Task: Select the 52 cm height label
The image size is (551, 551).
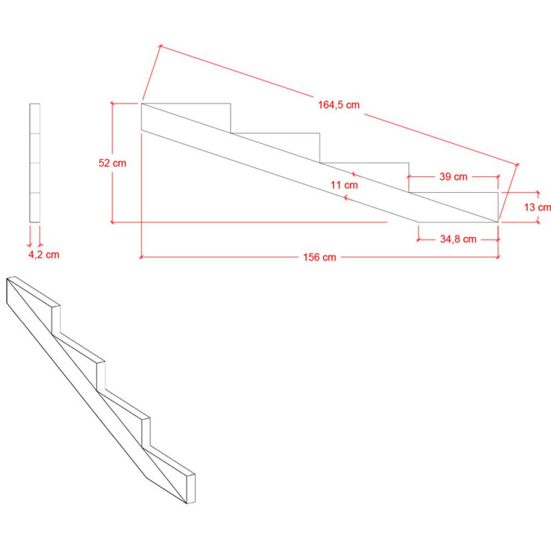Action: (112, 163)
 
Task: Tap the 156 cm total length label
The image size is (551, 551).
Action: (319, 257)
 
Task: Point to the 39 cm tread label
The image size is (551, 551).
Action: (453, 177)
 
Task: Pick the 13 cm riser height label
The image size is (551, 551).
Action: (537, 208)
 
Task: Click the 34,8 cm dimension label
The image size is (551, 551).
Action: (458, 239)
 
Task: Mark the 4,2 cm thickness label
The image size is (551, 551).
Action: (44, 255)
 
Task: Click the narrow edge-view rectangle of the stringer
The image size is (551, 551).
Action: (35, 163)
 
